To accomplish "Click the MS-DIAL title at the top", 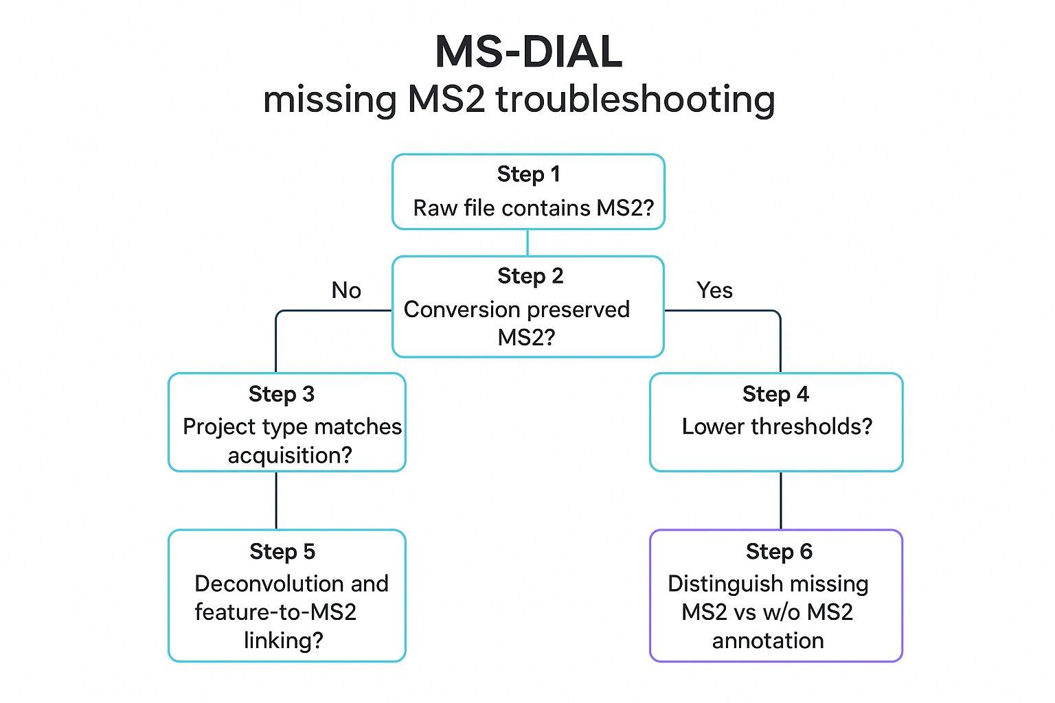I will (528, 52).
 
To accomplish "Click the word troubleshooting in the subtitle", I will (635, 100).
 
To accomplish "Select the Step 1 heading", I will (528, 174).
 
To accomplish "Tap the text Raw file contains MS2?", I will (533, 208).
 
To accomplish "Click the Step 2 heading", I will (530, 276).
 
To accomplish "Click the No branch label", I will (346, 290).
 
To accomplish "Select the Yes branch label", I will (714, 290).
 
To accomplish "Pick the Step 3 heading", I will (282, 394).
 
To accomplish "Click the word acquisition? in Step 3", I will (290, 455).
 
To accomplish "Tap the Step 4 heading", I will (775, 394).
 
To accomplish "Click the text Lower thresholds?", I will (777, 426).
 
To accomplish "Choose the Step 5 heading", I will (282, 551).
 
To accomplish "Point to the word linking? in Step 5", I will (283, 641).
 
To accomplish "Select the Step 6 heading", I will (779, 551).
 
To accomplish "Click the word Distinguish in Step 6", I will (725, 584).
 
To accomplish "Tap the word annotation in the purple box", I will (768, 641).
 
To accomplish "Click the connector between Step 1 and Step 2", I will (527, 242).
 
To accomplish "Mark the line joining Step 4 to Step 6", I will (781, 500).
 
